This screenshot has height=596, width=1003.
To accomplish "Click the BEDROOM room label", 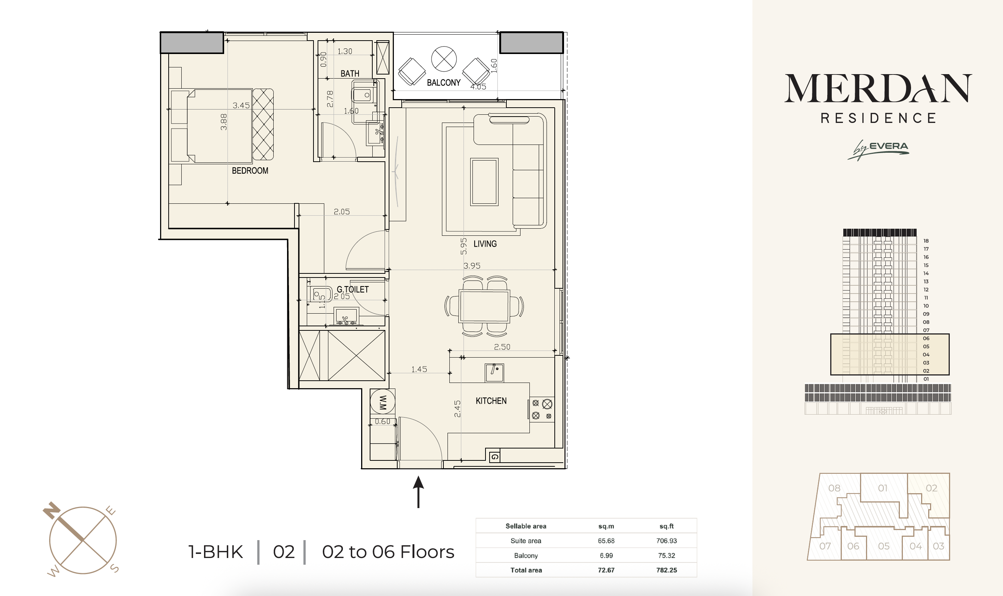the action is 250,171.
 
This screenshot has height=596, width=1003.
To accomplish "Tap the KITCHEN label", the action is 491,401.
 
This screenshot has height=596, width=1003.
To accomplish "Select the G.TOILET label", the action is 353,289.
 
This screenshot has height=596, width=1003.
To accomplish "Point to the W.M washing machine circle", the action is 382,402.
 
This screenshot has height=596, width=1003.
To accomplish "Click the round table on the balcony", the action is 443,59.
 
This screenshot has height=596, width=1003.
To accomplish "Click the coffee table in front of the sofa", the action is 484,182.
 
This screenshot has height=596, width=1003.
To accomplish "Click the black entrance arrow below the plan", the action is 418,492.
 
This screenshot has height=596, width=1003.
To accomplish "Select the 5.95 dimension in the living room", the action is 464,246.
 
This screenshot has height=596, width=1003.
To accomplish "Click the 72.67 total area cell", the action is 606,570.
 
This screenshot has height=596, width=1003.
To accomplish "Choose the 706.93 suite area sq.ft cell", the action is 666,540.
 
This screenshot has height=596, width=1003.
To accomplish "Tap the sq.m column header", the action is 606,526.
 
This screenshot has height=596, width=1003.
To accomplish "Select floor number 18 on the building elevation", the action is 926,241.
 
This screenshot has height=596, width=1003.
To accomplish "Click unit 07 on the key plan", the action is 825,546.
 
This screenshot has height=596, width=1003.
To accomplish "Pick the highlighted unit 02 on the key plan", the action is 932,488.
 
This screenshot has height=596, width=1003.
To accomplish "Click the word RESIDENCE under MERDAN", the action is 879,118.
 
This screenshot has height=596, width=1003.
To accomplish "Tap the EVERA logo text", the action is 888,146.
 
